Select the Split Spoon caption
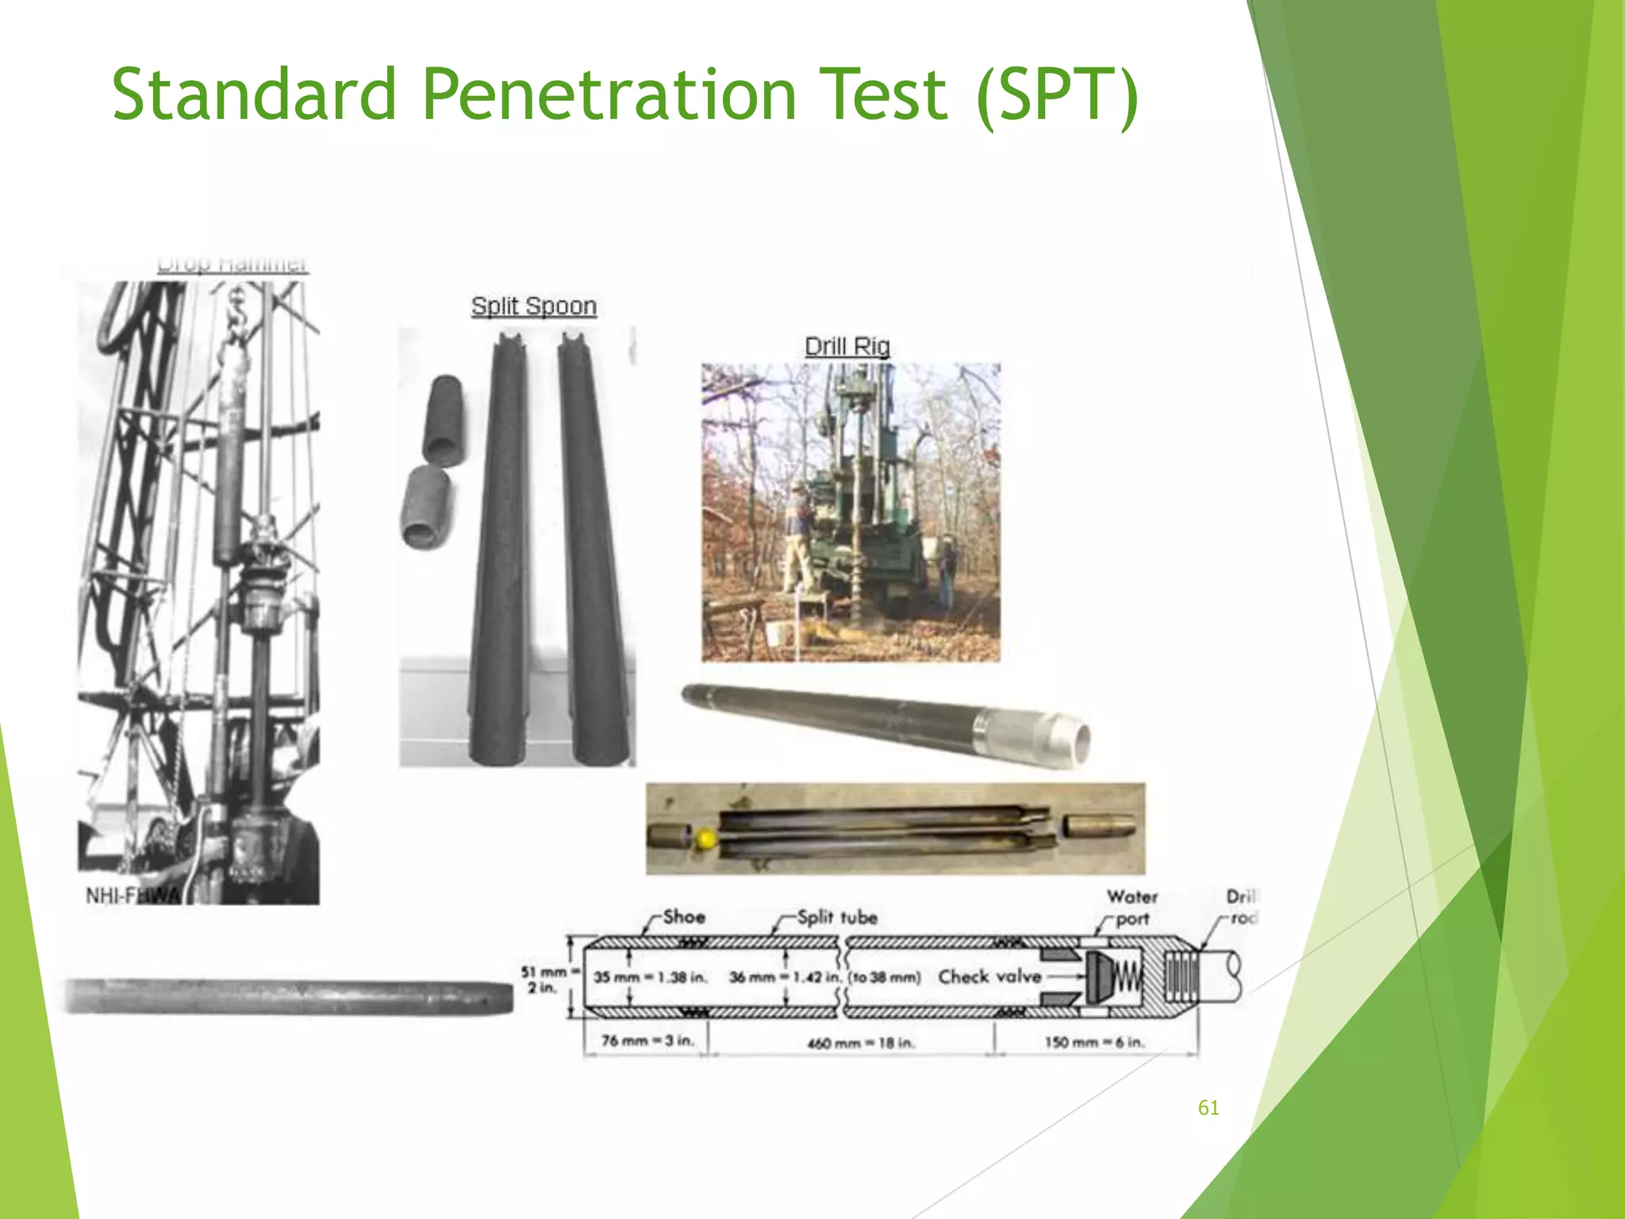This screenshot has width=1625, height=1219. pyautogui.click(x=533, y=306)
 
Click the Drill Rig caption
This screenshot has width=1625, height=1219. pyautogui.click(x=847, y=346)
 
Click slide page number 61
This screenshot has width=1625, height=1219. pyautogui.click(x=1208, y=1108)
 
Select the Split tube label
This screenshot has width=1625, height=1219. pyautogui.click(x=837, y=917)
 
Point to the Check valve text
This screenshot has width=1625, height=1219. pyautogui.click(x=989, y=976)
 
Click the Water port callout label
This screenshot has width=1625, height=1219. pyautogui.click(x=1132, y=907)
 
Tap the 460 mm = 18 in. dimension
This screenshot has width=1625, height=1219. pyautogui.click(x=861, y=1042)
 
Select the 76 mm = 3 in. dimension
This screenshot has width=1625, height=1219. pyautogui.click(x=647, y=1040)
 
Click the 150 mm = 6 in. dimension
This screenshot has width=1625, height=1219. pyautogui.click(x=1094, y=1042)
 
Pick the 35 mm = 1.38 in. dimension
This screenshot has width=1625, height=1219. pyautogui.click(x=650, y=977)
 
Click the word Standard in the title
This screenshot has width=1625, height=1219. pyautogui.click(x=254, y=94)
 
